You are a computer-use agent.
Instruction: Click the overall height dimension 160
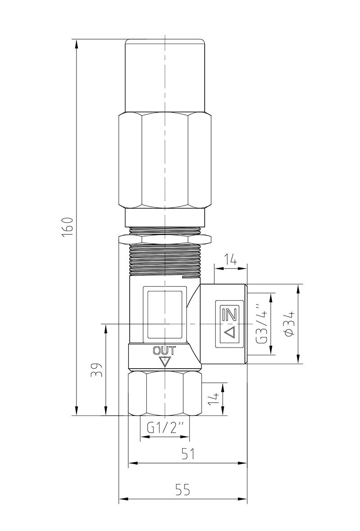[x=68, y=227]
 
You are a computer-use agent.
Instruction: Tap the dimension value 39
[x=97, y=370]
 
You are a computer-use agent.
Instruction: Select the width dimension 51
[x=189, y=454]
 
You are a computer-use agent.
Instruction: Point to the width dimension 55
[x=183, y=490]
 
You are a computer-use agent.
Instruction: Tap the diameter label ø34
[x=290, y=324]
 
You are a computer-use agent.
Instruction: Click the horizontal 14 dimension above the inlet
[x=230, y=260]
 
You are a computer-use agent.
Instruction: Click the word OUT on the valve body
[x=164, y=350]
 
